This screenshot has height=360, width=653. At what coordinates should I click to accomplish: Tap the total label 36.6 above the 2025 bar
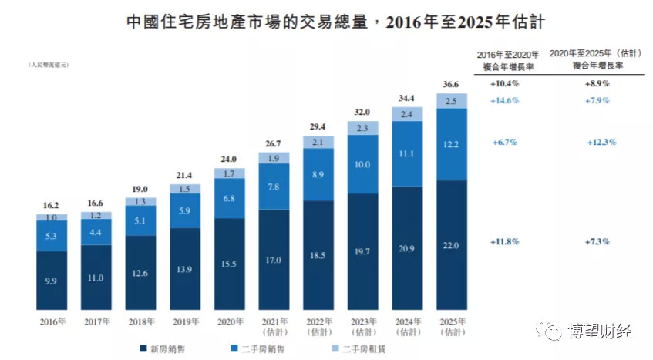(452, 85)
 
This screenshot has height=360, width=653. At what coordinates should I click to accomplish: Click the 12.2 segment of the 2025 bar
(452, 145)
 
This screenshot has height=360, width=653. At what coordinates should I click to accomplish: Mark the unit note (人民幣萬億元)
(49, 66)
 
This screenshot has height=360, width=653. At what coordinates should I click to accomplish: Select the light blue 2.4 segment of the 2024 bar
(407, 114)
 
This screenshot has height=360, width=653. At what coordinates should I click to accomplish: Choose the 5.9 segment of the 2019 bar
(186, 210)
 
